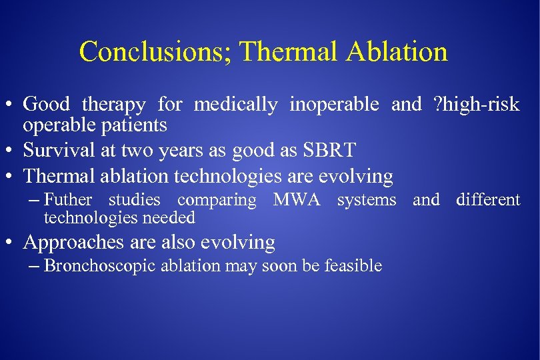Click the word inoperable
coord(334,105)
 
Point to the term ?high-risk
coord(475,105)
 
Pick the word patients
coord(135,125)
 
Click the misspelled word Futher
coord(68,200)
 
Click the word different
coord(488,200)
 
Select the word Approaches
coord(73,243)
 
